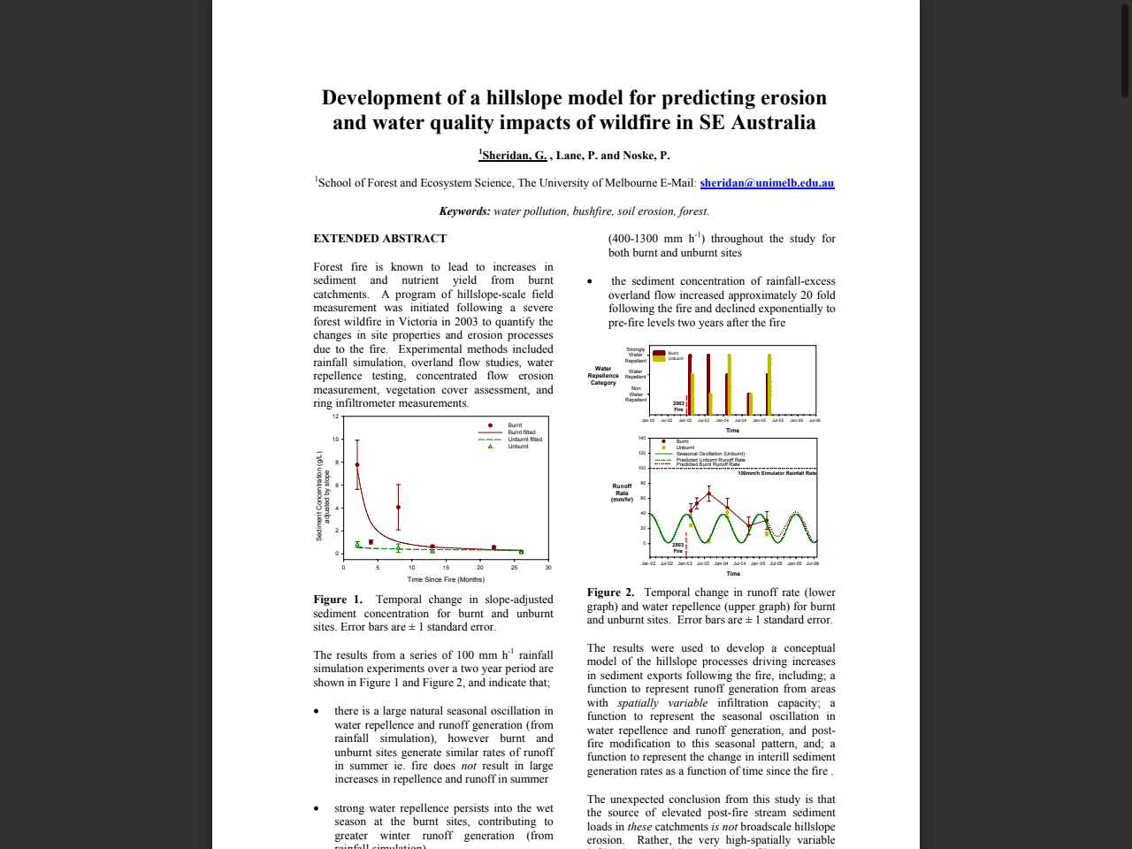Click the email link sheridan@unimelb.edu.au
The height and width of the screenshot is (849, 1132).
(767, 183)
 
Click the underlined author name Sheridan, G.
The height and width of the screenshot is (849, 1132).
(514, 156)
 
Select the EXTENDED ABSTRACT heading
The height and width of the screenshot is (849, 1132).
(379, 239)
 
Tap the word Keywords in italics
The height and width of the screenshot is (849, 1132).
(464, 211)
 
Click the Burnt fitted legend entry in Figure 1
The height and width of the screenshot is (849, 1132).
(521, 432)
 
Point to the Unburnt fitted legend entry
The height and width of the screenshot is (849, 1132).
(524, 440)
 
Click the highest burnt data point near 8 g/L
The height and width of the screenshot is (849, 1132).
(357, 464)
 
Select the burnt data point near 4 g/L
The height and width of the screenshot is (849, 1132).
(398, 507)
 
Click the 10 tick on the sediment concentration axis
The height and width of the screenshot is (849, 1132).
(336, 440)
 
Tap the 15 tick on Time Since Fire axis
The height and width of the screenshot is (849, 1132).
(446, 568)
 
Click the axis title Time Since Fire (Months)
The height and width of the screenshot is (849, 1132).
(446, 580)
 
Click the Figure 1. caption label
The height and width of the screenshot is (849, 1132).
(338, 600)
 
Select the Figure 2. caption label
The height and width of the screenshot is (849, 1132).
(610, 593)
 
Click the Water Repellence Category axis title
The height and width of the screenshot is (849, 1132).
(603, 376)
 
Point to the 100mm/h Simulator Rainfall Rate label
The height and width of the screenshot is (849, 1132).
(776, 473)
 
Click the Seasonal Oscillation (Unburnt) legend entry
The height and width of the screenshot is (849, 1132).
(710, 454)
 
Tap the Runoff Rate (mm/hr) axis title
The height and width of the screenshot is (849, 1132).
(622, 493)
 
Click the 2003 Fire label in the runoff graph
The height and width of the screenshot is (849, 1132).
(677, 548)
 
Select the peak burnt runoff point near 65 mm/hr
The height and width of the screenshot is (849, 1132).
(708, 494)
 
